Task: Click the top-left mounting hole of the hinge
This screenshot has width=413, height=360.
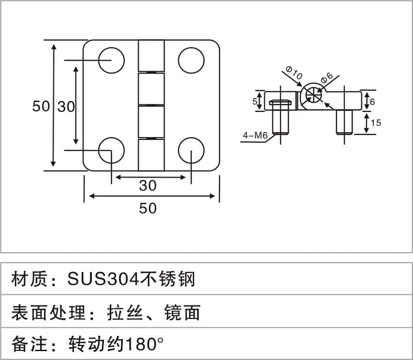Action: pyautogui.click(x=111, y=60)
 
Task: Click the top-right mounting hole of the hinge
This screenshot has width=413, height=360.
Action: pyautogui.click(x=190, y=60)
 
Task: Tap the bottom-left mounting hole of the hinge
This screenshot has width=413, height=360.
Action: pyautogui.click(x=111, y=151)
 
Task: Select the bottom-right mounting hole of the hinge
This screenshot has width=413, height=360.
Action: pyautogui.click(x=190, y=151)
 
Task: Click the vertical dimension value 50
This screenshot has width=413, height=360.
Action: pyautogui.click(x=41, y=106)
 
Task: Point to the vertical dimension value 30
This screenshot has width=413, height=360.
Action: pyautogui.click(x=67, y=106)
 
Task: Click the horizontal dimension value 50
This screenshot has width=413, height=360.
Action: pyautogui.click(x=148, y=208)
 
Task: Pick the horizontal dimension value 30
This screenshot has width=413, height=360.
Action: pyautogui.click(x=148, y=185)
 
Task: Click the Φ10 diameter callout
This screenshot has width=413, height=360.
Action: pyautogui.click(x=294, y=74)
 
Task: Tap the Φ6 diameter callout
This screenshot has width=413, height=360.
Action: pyautogui.click(x=326, y=77)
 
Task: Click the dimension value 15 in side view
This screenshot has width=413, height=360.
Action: pyautogui.click(x=376, y=123)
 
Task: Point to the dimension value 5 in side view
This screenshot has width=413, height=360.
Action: pyautogui.click(x=255, y=102)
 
